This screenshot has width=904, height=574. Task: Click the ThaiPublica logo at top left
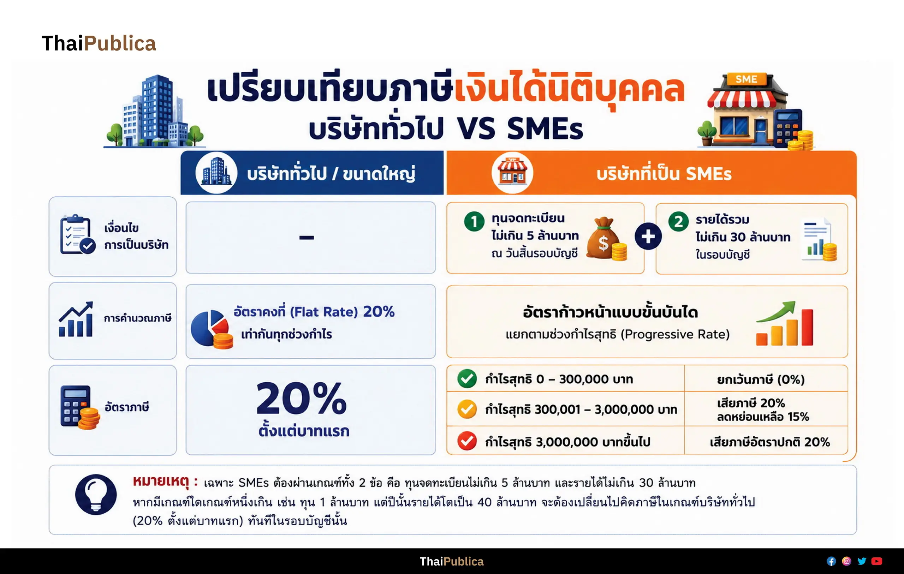(99, 43)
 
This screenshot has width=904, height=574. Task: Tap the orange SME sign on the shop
(746, 79)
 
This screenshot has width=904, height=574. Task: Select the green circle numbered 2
(678, 221)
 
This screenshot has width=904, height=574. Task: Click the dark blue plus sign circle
(648, 237)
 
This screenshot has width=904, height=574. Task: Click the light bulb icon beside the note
(96, 495)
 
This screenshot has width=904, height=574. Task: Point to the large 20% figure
(302, 398)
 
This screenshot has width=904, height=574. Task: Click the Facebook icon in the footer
(831, 561)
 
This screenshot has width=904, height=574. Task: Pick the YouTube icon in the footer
(876, 561)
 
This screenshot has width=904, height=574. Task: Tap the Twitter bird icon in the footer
(862, 561)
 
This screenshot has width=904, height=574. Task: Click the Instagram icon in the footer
(846, 561)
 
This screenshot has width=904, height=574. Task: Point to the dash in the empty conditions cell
(307, 237)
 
